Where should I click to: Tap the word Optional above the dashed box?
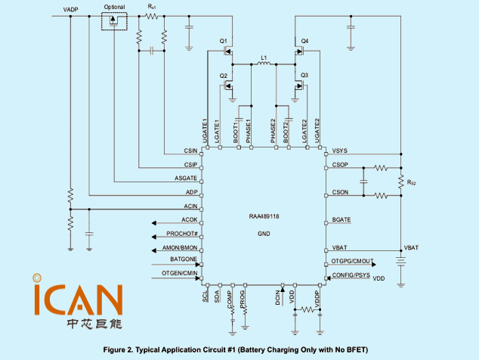click(115, 7)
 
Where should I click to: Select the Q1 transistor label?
click(224, 41)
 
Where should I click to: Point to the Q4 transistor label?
click(304, 41)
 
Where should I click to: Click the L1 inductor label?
click(264, 57)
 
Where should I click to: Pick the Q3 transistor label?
click(304, 76)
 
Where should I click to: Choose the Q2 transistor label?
click(224, 76)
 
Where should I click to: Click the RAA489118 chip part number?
click(264, 216)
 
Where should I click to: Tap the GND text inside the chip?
click(264, 234)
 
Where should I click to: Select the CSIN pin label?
click(190, 151)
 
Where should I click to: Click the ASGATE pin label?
click(186, 178)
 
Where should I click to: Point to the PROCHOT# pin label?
click(182, 234)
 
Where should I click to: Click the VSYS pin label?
click(340, 151)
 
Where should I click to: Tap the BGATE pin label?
click(341, 220)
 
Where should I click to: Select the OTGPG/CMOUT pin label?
click(353, 261)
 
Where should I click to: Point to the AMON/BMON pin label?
click(181, 247)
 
